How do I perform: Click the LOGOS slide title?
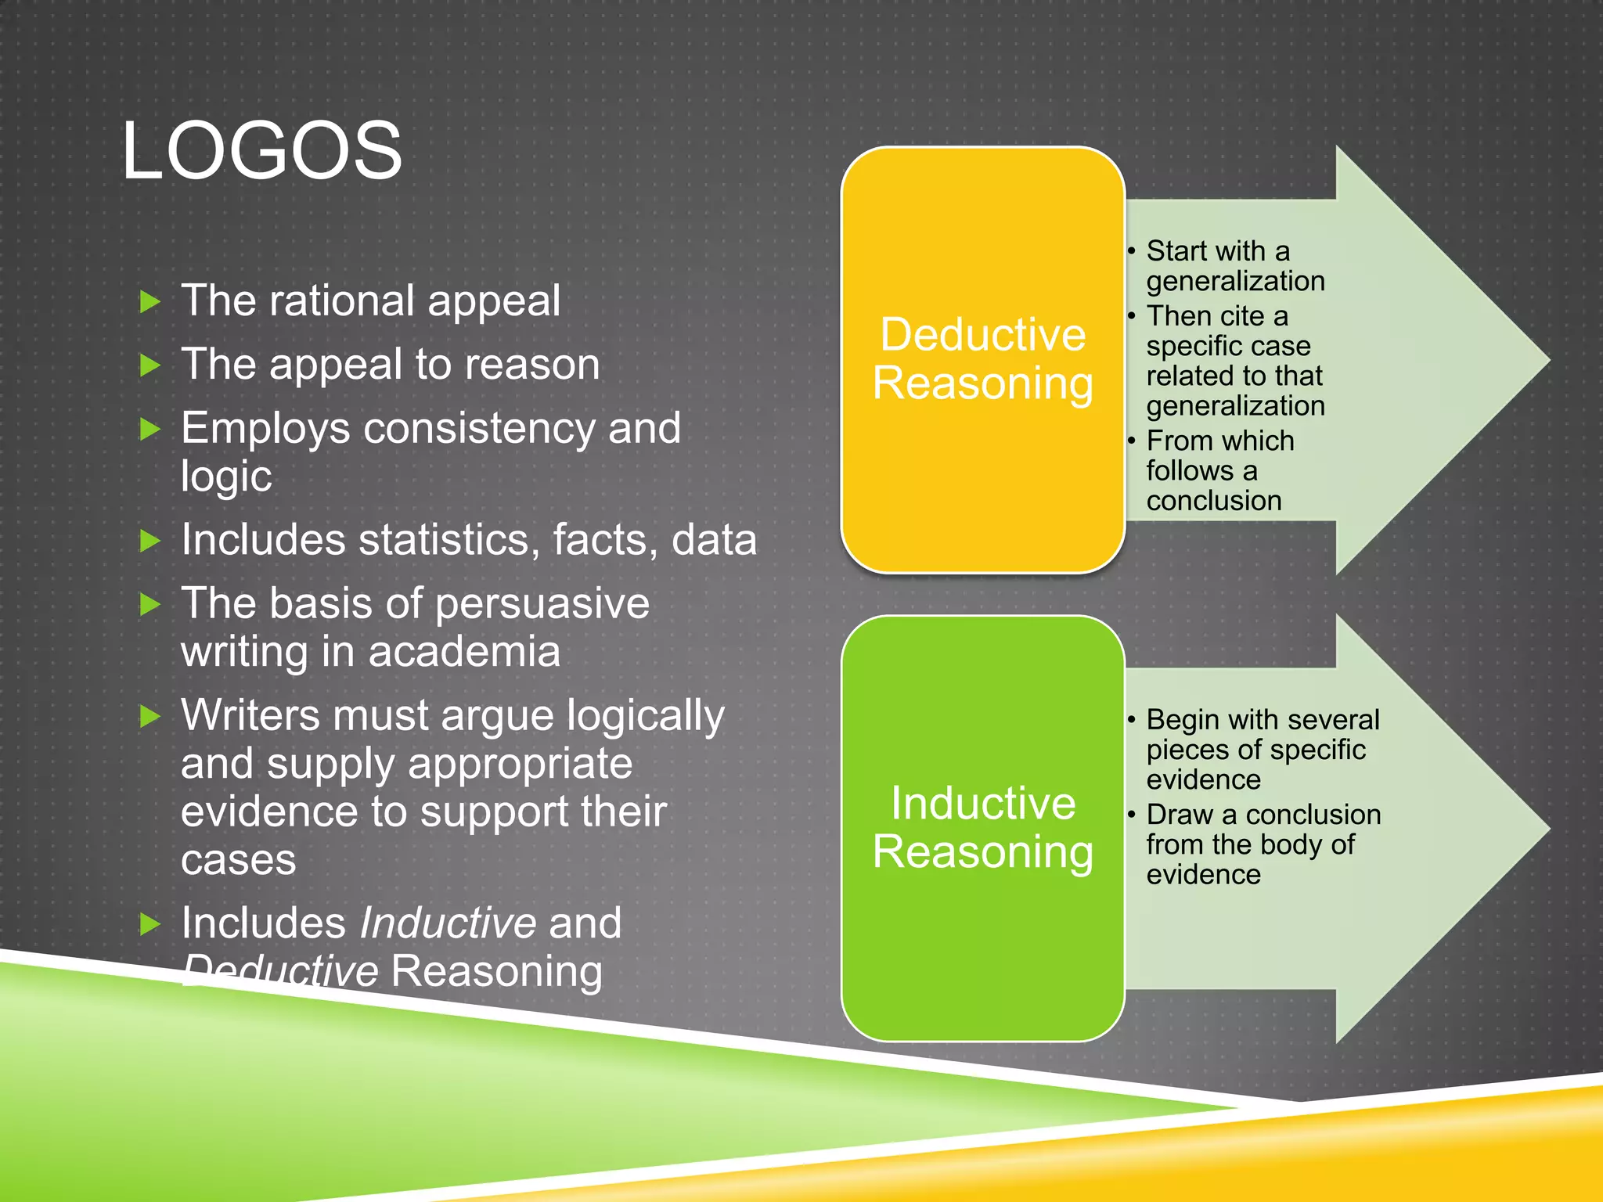coord(261,150)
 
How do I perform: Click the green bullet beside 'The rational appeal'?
coord(149,301)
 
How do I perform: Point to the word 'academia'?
coord(464,652)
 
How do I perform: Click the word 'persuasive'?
coord(542,603)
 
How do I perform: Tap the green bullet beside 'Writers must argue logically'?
coord(149,716)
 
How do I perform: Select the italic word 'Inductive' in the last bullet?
coord(447,923)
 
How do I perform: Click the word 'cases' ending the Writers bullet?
coord(238,860)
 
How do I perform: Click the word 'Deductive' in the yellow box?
coord(983,334)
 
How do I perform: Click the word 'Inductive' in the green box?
coord(983,803)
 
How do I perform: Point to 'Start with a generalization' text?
coord(1234,265)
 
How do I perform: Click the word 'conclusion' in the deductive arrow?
coord(1213,501)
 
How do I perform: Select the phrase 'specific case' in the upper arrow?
coord(1228,346)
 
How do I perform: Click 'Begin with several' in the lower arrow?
coord(1263,719)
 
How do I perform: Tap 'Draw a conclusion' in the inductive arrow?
coord(1263,815)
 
